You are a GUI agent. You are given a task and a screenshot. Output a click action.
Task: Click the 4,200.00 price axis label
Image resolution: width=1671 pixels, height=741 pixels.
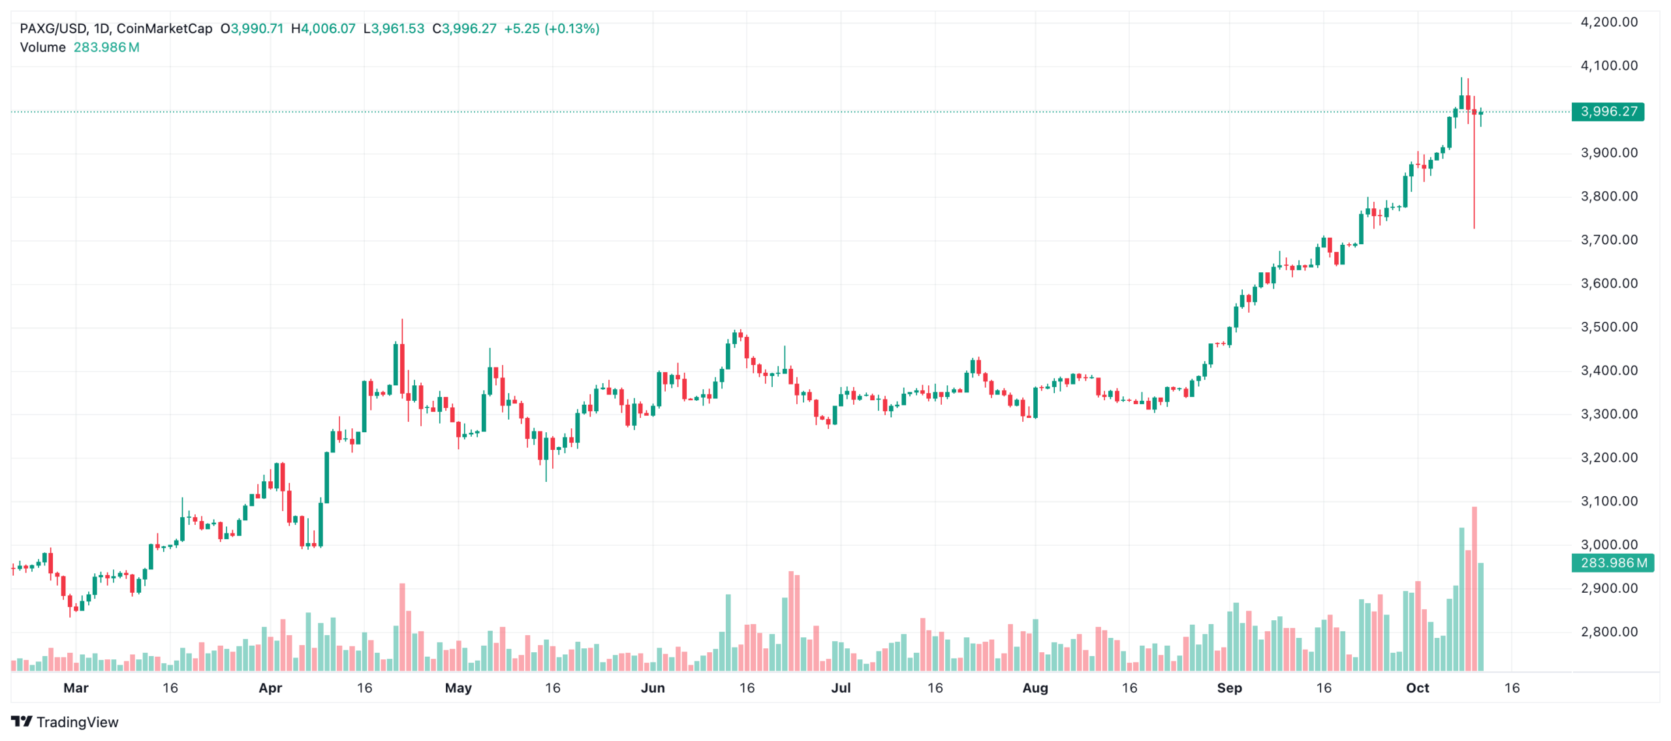click(1608, 22)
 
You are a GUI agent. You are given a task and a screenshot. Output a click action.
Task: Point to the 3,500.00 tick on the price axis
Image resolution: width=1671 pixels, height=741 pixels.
click(1608, 327)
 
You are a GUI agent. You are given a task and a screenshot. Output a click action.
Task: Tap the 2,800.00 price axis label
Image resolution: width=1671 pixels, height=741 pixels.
click(1608, 632)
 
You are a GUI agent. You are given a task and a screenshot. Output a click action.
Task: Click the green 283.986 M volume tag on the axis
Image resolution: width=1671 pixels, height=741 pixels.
click(1612, 563)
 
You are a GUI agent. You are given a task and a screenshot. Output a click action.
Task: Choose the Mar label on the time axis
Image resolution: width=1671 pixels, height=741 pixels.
click(76, 688)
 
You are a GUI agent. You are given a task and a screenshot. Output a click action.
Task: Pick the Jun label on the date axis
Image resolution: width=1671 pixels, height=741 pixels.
click(652, 688)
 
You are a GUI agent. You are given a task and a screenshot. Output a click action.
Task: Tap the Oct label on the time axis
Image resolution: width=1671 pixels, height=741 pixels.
click(1417, 688)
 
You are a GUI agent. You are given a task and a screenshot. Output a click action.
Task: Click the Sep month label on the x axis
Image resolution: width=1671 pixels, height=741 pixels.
click(1229, 688)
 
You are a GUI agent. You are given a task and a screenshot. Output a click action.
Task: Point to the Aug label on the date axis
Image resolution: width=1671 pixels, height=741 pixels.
click(1035, 688)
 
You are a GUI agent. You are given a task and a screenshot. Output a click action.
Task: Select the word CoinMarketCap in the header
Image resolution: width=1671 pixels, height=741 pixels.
click(164, 29)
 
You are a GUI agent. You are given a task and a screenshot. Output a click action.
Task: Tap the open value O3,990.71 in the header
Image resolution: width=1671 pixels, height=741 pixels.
click(252, 29)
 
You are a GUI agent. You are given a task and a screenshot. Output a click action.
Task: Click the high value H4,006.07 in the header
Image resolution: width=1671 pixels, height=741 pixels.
click(323, 29)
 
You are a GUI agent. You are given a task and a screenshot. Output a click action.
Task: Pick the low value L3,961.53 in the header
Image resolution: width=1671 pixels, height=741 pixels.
click(394, 29)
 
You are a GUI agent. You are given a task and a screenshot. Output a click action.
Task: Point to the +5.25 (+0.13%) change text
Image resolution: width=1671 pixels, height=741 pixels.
click(552, 29)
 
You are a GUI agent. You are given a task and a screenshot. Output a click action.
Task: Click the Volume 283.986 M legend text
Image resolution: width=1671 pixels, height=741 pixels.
click(80, 48)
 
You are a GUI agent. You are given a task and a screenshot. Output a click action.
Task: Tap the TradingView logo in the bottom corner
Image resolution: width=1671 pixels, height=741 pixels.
click(65, 722)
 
